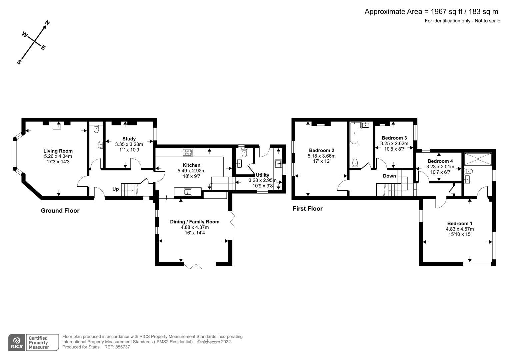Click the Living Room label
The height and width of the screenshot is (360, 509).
pyautogui.click(x=58, y=151)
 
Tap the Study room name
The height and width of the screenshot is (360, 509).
pyautogui.click(x=129, y=139)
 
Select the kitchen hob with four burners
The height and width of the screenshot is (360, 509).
pyautogui.click(x=188, y=153)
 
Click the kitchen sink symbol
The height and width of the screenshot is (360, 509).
pyautogui.click(x=188, y=192)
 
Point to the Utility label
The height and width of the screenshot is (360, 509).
pyautogui.click(x=262, y=175)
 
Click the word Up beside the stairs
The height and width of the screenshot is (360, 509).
pyautogui.click(x=115, y=189)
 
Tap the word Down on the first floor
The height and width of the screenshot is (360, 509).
pyautogui.click(x=389, y=176)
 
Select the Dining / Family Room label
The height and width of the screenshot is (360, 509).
pyautogui.click(x=195, y=222)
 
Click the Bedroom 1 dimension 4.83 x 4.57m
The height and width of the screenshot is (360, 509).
pyautogui.click(x=460, y=229)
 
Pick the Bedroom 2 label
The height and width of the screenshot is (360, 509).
pyautogui.click(x=321, y=150)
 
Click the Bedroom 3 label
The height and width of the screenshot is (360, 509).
pyautogui.click(x=394, y=138)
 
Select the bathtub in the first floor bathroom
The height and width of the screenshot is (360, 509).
pyautogui.click(x=354, y=133)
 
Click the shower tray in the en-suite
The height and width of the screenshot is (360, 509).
pyautogui.click(x=478, y=159)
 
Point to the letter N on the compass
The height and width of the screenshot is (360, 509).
pyautogui.click(x=47, y=23)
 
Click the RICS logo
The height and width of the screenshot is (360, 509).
pyautogui.click(x=17, y=342)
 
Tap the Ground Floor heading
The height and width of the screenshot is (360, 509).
pyautogui.click(x=60, y=211)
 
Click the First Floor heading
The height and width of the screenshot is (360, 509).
pyautogui.click(x=308, y=209)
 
